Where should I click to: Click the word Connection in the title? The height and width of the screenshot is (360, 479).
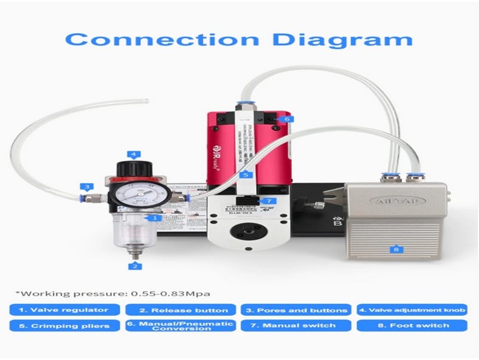point(162,39)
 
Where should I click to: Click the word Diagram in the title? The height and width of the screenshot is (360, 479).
point(342,39)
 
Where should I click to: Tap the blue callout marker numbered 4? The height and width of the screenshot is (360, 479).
point(133,155)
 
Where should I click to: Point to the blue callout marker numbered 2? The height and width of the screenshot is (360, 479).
point(135,266)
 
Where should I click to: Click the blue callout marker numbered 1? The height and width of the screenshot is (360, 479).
point(154,217)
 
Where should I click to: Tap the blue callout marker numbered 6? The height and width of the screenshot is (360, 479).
point(287,119)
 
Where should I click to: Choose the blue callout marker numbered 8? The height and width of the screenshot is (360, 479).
point(396,249)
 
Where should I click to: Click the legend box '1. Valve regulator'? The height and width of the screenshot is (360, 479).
point(64,310)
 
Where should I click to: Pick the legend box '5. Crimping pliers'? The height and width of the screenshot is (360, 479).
point(64,326)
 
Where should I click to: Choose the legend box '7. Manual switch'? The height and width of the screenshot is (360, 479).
point(296,326)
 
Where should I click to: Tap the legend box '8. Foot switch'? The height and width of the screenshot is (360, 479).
point(412,326)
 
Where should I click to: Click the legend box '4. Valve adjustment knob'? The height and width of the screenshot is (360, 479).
point(412,310)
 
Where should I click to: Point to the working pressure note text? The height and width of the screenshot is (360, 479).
point(113,293)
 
